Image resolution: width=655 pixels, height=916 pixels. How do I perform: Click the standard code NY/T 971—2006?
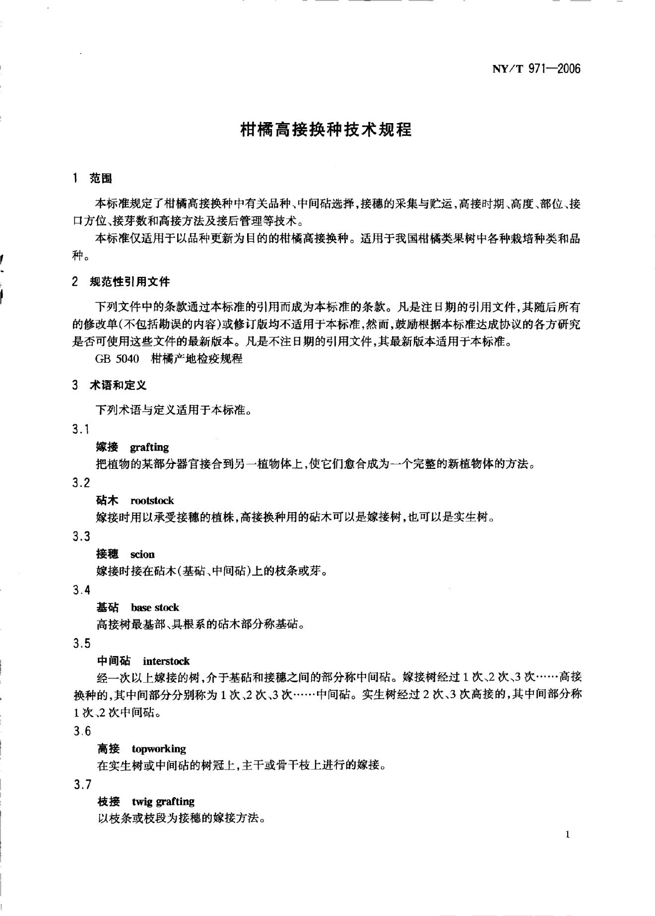point(536,69)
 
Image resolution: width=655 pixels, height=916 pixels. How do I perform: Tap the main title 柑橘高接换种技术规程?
point(326,130)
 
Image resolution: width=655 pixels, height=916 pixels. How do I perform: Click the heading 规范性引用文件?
point(130,282)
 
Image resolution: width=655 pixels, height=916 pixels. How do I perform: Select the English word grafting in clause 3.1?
point(149,447)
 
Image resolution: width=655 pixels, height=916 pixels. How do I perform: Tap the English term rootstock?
point(152,501)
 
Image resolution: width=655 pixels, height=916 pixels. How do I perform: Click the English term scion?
point(142,554)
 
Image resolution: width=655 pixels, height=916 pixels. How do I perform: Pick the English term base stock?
point(155,607)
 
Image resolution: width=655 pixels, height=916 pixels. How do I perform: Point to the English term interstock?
point(166,661)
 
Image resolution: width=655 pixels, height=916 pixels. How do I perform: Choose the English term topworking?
point(159,749)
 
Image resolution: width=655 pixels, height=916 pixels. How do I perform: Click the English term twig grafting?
point(163,801)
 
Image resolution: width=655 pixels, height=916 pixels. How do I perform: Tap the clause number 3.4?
point(81,590)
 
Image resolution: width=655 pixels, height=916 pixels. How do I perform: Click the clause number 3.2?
point(81,483)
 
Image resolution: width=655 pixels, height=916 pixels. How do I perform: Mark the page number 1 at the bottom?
point(568,835)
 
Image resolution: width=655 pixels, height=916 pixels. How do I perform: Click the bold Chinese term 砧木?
point(107,501)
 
